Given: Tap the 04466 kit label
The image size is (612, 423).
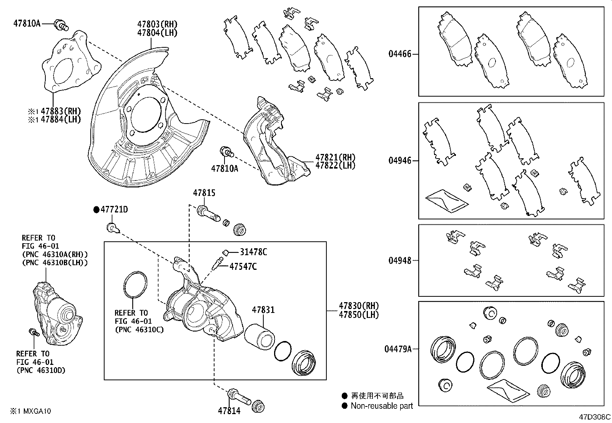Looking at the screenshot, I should pos(399,54).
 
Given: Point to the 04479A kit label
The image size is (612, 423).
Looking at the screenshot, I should pos(397,349).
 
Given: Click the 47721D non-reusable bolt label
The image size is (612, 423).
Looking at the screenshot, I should pos(114,210).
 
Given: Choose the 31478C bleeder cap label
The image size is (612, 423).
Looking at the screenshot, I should pos(253,252).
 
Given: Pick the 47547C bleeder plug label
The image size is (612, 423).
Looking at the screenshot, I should pos(243,266).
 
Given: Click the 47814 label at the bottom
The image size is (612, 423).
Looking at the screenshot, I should pos(229,411).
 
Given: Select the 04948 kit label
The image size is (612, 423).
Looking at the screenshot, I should pos(399,261).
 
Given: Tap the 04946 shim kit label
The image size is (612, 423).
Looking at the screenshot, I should pos(399,161).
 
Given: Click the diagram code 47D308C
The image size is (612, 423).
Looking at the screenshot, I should pos(595,417).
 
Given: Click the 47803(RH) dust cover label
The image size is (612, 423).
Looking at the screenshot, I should pos(157,24).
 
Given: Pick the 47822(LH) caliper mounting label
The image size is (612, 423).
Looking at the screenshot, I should pos(335,166).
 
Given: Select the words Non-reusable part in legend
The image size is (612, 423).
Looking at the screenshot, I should pos(381,406).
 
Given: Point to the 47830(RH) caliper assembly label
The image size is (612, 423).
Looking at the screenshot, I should pos(358,306).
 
